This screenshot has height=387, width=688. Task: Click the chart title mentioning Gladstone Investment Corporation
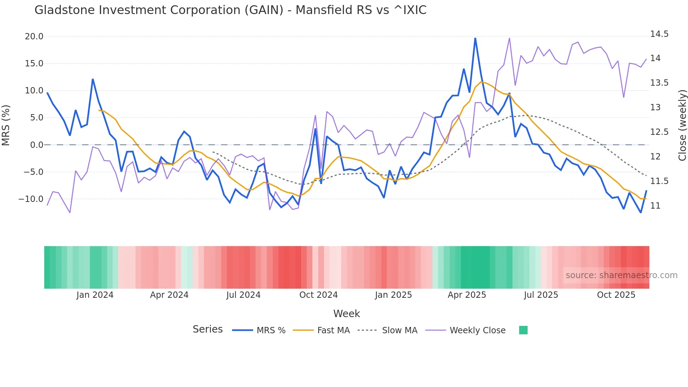point(230,10)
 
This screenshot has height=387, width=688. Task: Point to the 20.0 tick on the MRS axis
point(34,37)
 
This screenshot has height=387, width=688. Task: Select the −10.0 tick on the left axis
point(31,199)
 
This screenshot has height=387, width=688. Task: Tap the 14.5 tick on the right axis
point(659,34)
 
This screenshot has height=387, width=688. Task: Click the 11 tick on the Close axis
point(655,206)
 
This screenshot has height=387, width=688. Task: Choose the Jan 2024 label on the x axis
point(95,295)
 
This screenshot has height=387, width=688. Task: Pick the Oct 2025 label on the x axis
point(616,295)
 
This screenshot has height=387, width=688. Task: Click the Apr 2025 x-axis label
point(467,295)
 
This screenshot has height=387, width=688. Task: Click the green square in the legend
point(523,330)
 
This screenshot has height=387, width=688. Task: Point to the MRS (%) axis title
point(6,125)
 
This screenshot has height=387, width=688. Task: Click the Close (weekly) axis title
point(682,125)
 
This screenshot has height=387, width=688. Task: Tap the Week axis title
point(346,314)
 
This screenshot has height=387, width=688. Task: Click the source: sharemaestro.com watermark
point(621,275)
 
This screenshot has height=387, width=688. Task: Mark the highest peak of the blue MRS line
point(475,38)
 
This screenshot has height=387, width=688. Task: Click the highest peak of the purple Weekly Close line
point(509,38)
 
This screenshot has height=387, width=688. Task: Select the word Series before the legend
point(207,329)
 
